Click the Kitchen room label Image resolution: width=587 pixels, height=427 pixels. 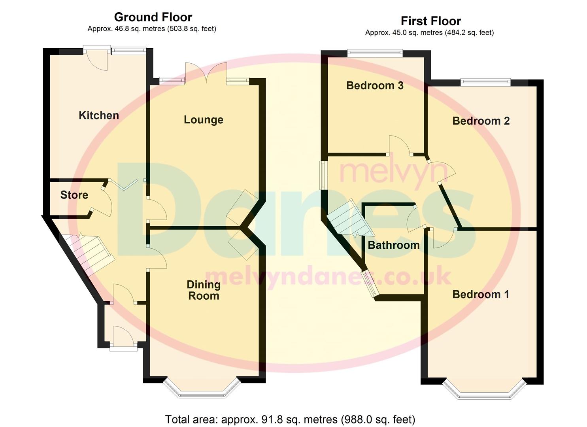click(x=99, y=115)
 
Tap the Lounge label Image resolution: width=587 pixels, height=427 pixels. click(x=204, y=120)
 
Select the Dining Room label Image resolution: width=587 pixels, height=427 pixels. click(x=204, y=290)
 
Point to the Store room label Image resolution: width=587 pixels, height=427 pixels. click(x=74, y=195)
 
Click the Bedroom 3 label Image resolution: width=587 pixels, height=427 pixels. click(x=375, y=86)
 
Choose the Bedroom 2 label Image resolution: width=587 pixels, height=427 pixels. click(x=481, y=121)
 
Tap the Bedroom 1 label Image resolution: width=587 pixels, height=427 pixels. click(x=481, y=295)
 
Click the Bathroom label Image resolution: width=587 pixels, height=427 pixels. click(x=394, y=245)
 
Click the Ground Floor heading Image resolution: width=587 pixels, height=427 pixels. click(x=153, y=17)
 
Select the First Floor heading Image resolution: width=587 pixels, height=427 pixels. click(x=431, y=21)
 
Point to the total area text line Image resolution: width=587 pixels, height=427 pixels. click(x=290, y=419)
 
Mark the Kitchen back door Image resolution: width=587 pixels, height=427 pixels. click(x=97, y=59)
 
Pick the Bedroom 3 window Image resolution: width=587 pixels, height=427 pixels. click(x=375, y=52)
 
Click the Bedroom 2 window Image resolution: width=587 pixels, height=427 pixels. click(x=485, y=82)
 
